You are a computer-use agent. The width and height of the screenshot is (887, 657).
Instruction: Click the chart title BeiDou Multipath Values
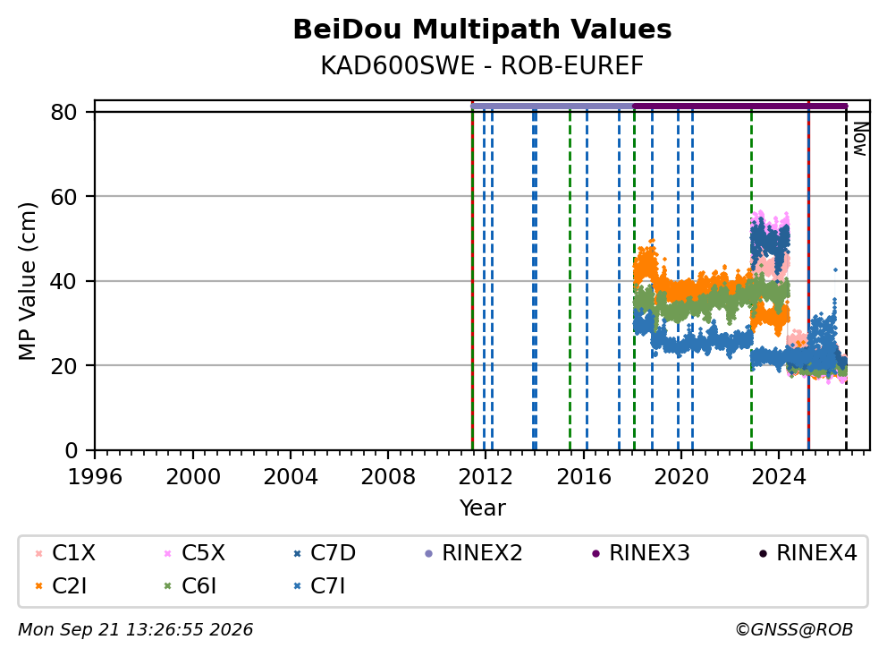click(482, 30)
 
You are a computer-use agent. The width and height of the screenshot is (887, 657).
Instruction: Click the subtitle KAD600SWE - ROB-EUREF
click(482, 65)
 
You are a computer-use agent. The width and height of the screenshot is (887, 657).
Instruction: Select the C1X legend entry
click(65, 553)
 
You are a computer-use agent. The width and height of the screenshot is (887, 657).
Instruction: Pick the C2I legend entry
click(61, 586)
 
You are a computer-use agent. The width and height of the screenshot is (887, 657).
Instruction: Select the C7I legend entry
click(319, 586)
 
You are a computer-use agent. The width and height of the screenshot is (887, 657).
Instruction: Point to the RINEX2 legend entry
click(474, 553)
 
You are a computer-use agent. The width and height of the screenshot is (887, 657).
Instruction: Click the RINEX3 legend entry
click(641, 553)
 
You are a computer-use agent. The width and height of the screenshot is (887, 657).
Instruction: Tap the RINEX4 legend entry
click(808, 553)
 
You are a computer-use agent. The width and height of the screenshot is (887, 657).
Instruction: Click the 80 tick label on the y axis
click(63, 112)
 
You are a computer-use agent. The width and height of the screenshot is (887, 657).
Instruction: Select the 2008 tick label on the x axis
click(388, 477)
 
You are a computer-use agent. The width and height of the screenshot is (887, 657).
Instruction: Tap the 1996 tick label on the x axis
click(95, 477)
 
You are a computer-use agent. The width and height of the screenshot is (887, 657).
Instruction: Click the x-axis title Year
click(482, 508)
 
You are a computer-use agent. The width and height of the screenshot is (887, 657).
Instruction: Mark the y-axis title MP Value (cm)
click(27, 281)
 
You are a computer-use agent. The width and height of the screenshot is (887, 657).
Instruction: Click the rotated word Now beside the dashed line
click(860, 140)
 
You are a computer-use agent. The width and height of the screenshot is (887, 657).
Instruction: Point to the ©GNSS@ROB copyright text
click(794, 629)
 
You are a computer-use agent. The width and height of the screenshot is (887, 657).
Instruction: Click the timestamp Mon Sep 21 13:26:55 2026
click(136, 629)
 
